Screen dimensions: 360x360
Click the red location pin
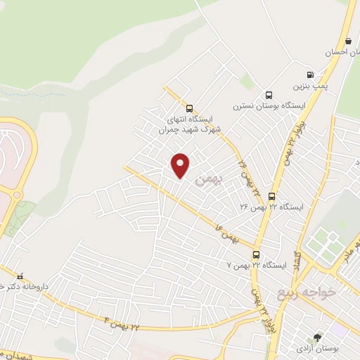(181, 165)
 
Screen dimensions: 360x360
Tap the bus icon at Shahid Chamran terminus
(188, 108)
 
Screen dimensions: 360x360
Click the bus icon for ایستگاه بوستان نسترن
(268, 96)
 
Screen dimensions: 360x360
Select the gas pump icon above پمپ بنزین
(309, 75)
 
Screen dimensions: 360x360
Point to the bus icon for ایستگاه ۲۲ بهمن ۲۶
(272, 196)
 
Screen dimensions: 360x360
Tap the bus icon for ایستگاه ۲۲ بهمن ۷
(256, 255)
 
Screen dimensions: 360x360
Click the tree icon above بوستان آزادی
(317, 338)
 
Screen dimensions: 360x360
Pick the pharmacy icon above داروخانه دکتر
(20, 276)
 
